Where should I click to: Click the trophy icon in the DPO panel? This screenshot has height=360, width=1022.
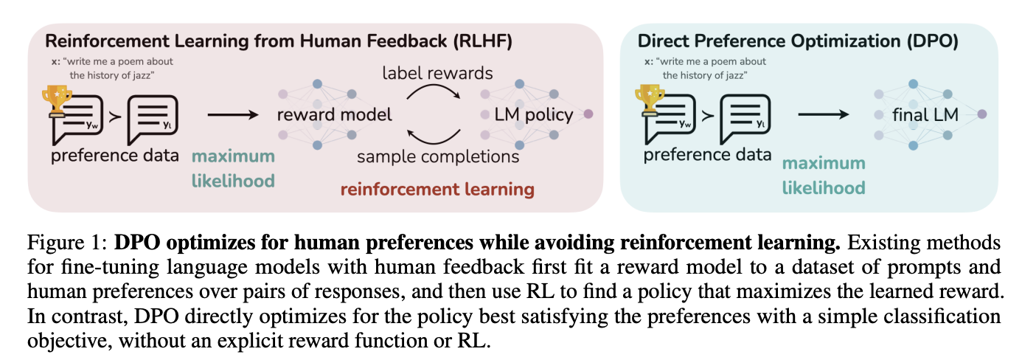(x=649, y=100)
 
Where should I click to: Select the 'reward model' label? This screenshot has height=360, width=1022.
(x=335, y=114)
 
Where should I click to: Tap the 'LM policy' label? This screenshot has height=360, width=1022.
(x=534, y=114)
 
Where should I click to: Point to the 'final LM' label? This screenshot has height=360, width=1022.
(x=925, y=114)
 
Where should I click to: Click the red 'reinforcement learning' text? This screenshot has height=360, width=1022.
(x=437, y=190)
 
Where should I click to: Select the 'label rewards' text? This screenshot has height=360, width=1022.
(x=437, y=73)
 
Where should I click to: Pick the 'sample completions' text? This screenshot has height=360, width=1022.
(x=438, y=156)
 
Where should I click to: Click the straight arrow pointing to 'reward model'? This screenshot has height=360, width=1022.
(x=233, y=114)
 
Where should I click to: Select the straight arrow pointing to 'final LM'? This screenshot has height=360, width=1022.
(x=823, y=114)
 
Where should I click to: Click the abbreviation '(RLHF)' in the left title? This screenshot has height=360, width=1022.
(x=483, y=41)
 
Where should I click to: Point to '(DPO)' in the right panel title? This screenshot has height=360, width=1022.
(x=933, y=41)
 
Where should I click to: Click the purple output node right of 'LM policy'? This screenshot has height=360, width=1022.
(x=588, y=114)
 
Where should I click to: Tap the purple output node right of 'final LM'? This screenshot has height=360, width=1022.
(x=982, y=114)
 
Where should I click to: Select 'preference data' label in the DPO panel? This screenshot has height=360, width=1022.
(x=707, y=155)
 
